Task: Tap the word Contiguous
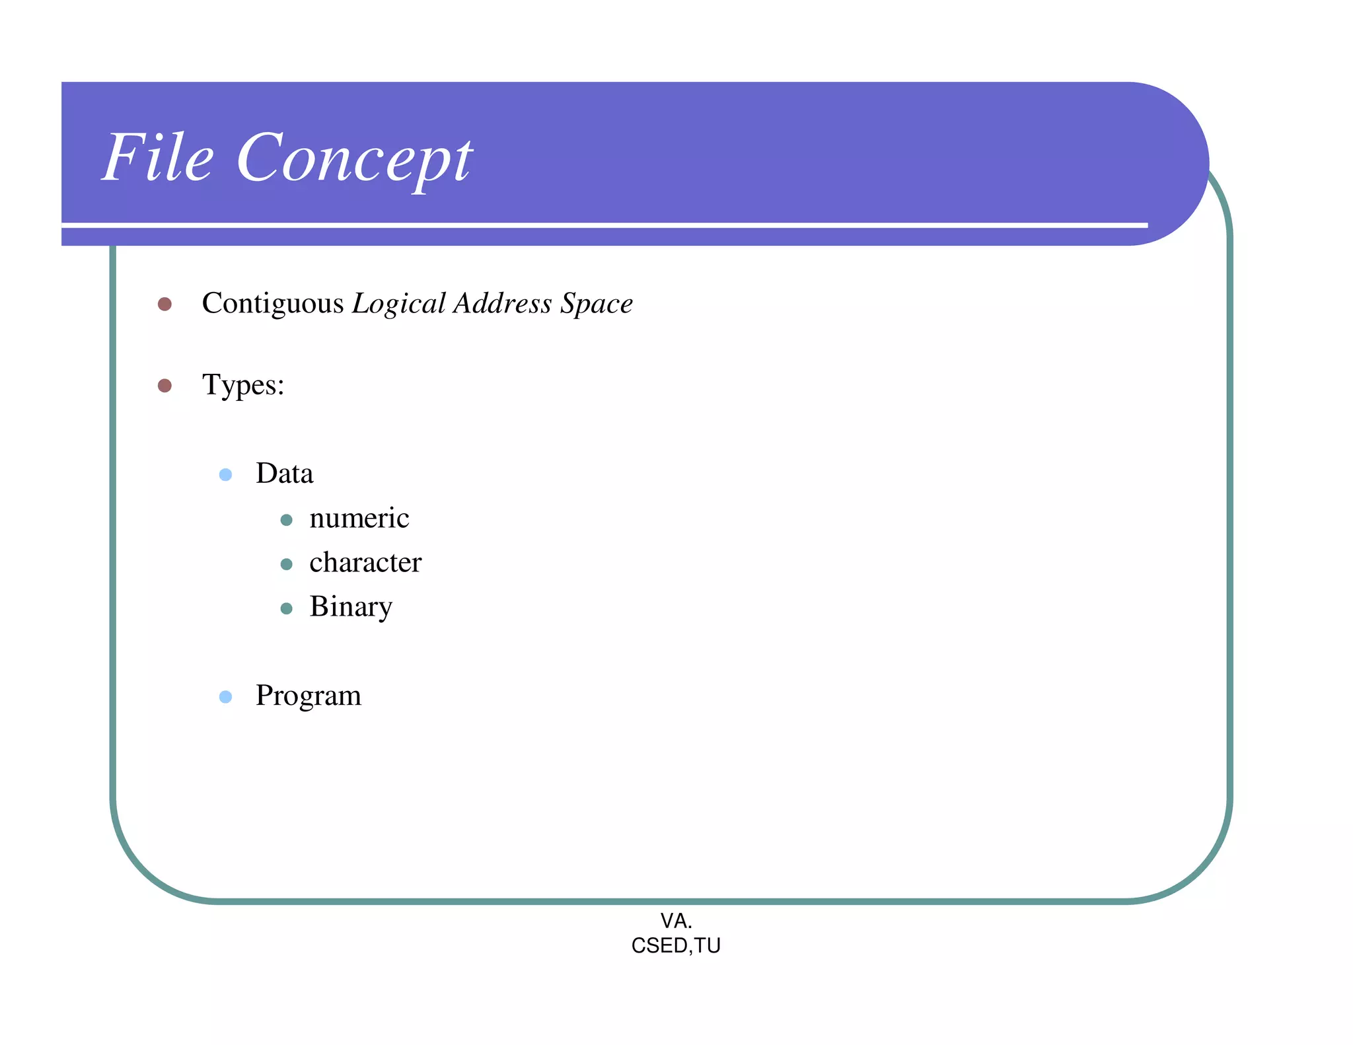pos(272,303)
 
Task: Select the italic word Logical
pos(398,304)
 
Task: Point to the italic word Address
pos(502,303)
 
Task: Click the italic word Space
pos(597,304)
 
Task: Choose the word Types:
pos(243,385)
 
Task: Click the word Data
pos(284,474)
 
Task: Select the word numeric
pos(359,519)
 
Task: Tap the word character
pos(365,563)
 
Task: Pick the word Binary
pos(351,607)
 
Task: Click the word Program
pos(308,696)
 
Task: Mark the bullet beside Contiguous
pos(165,304)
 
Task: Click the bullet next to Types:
pos(165,386)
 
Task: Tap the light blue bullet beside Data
pos(225,475)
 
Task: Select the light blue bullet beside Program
pos(225,697)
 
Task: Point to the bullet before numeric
pos(286,520)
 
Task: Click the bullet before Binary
pos(286,608)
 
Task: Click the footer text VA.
pos(676,921)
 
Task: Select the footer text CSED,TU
pos(676,946)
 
